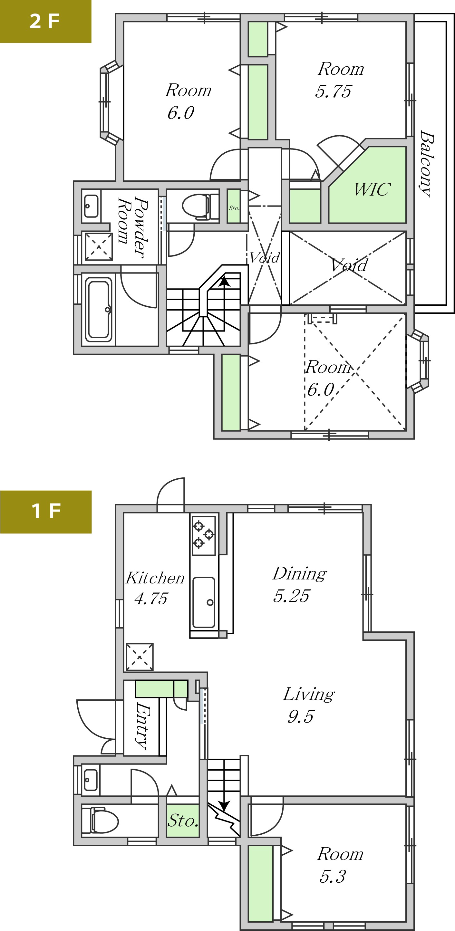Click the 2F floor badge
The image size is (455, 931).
(x=45, y=21)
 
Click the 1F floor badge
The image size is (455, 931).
(x=46, y=512)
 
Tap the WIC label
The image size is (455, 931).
(x=372, y=189)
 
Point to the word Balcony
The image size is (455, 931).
(x=426, y=163)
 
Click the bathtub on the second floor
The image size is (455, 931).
(x=98, y=309)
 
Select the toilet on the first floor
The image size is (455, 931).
(x=100, y=821)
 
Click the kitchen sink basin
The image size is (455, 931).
(x=204, y=602)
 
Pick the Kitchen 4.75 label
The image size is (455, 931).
(x=155, y=588)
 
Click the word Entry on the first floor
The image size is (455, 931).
(x=142, y=725)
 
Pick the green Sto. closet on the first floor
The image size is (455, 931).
(x=183, y=821)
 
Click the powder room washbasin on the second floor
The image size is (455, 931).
(x=91, y=206)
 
